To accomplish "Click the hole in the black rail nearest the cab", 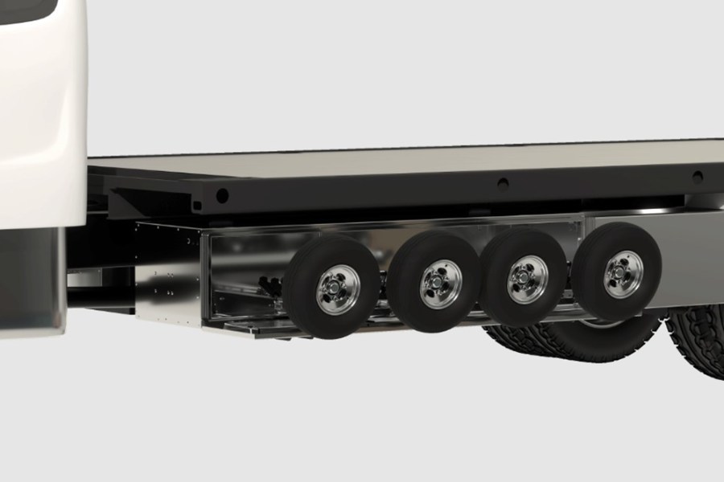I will click(222, 195).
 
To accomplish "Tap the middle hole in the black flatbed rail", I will click(502, 184).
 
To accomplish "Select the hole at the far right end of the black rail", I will click(697, 176).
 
